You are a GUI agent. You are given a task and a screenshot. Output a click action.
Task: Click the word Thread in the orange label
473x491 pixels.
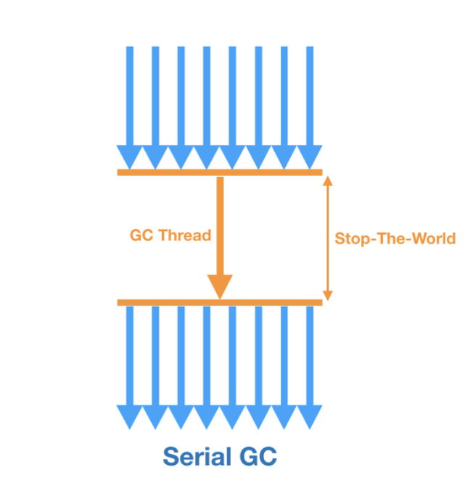[x=185, y=235]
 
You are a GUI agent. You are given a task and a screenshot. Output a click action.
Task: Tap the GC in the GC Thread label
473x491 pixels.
[x=142, y=235]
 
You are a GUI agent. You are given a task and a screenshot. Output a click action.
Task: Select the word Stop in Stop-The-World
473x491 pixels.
[x=351, y=238]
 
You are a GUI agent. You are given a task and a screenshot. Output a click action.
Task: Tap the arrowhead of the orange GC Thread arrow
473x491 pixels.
[x=219, y=287]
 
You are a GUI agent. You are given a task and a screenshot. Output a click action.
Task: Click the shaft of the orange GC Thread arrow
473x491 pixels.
[x=219, y=224]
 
